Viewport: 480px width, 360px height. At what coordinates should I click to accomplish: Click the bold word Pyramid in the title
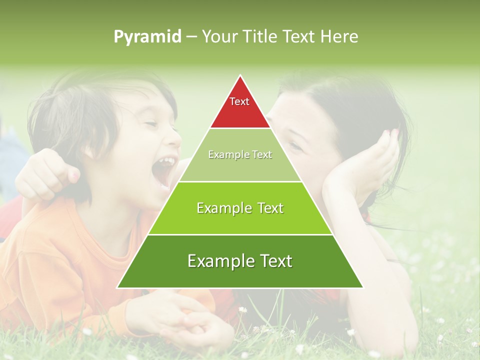pyautogui.click(x=147, y=37)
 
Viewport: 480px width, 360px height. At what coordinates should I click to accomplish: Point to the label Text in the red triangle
pyautogui.click(x=239, y=101)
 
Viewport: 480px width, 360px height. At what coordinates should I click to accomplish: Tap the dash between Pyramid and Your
pyautogui.click(x=191, y=37)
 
